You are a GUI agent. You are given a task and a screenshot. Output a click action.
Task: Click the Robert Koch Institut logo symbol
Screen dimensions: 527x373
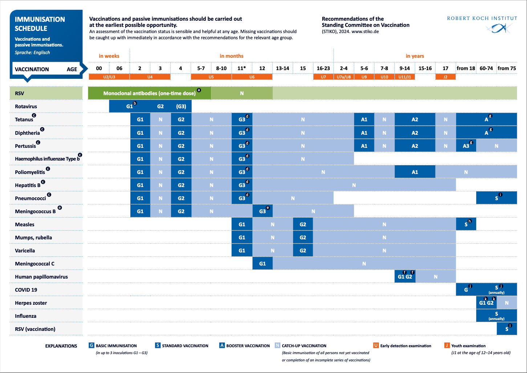click(498, 29)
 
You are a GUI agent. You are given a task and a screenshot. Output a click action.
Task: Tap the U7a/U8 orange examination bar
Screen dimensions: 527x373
click(344, 77)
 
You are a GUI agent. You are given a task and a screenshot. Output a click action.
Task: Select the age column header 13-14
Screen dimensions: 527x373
click(282, 68)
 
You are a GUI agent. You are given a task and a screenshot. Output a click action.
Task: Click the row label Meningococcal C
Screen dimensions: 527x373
click(35, 264)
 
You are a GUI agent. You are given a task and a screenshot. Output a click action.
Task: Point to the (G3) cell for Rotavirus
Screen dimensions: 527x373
click(181, 106)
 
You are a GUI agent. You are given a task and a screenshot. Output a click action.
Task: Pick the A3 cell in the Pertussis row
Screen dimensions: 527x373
click(466, 146)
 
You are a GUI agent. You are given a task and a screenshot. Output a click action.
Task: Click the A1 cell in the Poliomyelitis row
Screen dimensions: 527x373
click(415, 172)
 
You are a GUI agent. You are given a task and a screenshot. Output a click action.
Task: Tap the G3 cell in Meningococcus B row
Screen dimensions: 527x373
click(263, 211)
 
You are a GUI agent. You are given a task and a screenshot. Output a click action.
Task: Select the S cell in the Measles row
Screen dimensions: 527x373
click(466, 224)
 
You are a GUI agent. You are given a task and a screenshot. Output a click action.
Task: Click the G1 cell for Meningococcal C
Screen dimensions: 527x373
click(263, 264)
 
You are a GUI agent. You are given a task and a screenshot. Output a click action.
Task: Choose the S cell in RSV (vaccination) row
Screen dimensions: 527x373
click(507, 329)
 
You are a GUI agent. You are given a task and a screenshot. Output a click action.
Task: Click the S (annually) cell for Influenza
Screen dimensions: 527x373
click(496, 316)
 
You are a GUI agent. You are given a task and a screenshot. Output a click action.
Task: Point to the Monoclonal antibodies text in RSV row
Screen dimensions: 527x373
click(149, 93)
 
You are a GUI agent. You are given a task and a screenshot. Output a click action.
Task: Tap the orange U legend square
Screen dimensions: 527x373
click(376, 345)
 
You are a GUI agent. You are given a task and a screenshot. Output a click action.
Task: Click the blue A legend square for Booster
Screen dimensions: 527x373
click(222, 345)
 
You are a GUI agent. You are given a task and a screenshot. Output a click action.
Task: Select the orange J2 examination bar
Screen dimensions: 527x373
click(445, 77)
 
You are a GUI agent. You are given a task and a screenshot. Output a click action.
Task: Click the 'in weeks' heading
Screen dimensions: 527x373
click(109, 56)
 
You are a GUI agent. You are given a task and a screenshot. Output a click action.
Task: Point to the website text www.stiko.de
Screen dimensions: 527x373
click(365, 32)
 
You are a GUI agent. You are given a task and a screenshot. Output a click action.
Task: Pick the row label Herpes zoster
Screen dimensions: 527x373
click(31, 303)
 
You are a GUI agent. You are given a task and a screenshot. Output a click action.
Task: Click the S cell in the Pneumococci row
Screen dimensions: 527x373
click(496, 198)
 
